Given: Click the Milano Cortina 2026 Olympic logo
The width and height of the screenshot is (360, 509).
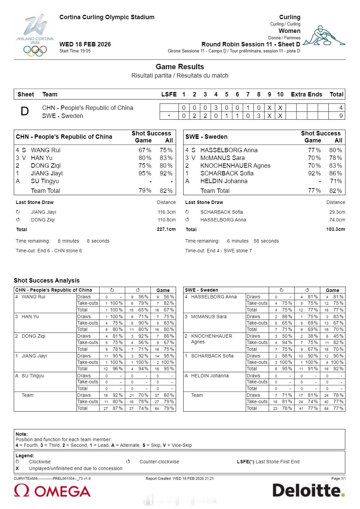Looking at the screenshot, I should pos(35,35).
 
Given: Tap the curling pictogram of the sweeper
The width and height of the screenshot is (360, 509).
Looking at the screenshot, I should pos(324,36).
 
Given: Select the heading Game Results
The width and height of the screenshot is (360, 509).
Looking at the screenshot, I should pos(180,67).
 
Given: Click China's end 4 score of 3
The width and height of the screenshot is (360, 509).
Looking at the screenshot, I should pos(216,108).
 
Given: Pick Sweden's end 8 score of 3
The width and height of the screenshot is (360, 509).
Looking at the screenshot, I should pos(258,116).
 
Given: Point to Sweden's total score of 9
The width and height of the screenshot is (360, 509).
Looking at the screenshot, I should pos(341,116).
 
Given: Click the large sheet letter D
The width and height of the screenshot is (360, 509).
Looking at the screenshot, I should pos(25,112).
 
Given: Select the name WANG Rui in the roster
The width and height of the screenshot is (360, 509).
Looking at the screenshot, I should pos(45,150).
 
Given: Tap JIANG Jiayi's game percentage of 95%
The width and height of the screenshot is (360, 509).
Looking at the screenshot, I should pos(145,173).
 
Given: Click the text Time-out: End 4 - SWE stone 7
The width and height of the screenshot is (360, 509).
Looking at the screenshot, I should pos(218,251).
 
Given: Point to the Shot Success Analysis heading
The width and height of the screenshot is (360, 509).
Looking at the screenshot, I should pos(47,281).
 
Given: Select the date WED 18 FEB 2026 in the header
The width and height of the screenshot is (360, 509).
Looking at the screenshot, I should pos(85,44).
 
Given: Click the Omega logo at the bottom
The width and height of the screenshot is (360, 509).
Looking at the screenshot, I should pos(52,491).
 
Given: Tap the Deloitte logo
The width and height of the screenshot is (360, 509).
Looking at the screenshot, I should pos(308,491).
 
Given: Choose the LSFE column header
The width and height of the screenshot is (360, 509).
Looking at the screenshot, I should pos(169,94).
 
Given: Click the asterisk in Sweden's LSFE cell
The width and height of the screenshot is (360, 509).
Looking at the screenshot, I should pos(169,116).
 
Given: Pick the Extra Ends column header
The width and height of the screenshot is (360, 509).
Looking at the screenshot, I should pos(306,94).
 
